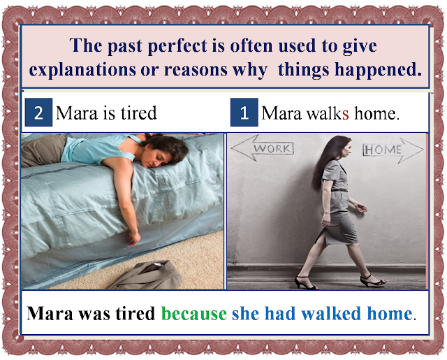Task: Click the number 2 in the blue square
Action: pyautogui.click(x=38, y=113)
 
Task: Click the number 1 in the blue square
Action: pyautogui.click(x=244, y=113)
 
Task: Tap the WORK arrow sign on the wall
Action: pyautogui.click(x=263, y=148)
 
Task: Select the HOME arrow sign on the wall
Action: pyautogui.click(x=393, y=150)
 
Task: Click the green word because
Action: pyautogui.click(x=194, y=313)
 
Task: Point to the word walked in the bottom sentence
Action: pyautogui.click(x=331, y=313)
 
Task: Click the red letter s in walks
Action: pyautogui.click(x=345, y=114)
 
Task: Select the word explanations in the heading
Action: pyautogui.click(x=82, y=70)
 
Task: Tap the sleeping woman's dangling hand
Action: pyautogui.click(x=134, y=238)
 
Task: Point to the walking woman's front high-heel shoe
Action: pyautogui.click(x=374, y=280)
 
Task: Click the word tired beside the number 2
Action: pyautogui.click(x=138, y=113)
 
